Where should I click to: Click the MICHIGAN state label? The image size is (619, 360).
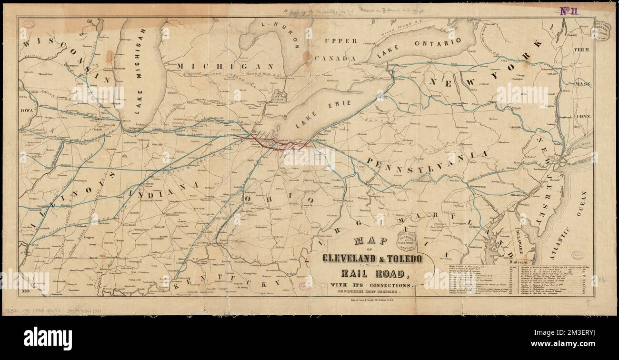coord(225,66)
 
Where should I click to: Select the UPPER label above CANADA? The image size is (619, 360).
coord(340,41)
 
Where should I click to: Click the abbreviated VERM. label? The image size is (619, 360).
coord(581,50)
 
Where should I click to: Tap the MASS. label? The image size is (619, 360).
coord(583,84)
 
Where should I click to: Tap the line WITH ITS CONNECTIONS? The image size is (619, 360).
coord(373,285)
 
